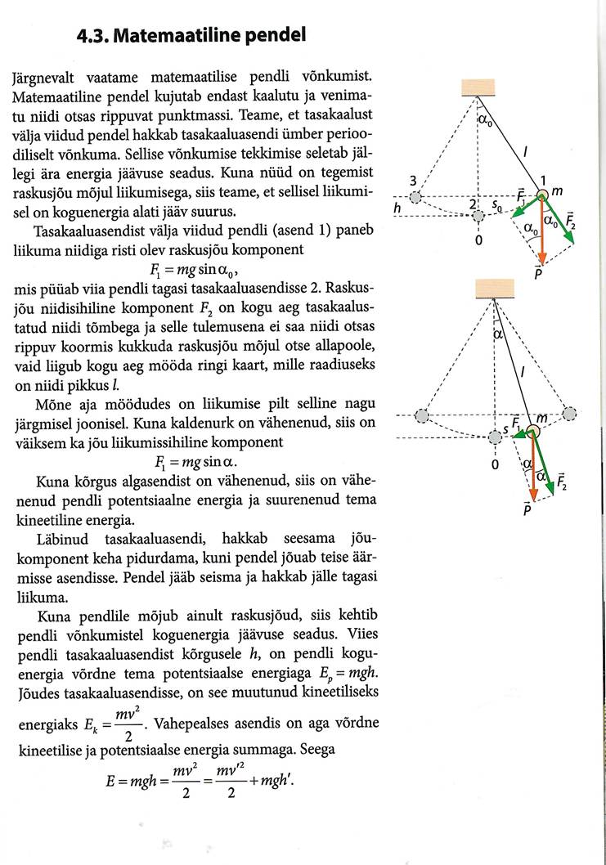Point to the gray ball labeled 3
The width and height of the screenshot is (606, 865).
click(x=417, y=196)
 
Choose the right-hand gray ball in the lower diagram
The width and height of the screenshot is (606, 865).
click(x=571, y=415)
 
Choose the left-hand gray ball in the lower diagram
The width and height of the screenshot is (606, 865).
click(x=421, y=415)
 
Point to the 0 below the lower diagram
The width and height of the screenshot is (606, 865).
click(x=494, y=466)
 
